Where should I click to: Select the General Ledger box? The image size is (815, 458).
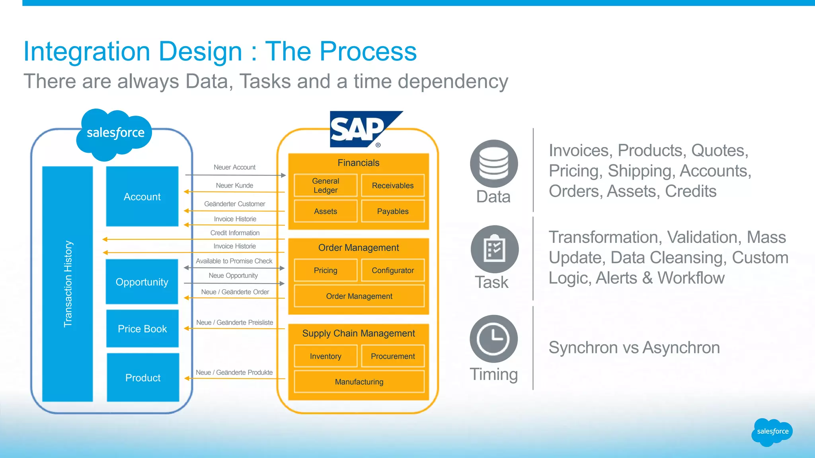click(326, 185)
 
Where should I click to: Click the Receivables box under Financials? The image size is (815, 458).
click(392, 185)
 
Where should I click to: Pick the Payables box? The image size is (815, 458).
click(392, 211)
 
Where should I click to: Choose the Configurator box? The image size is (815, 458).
click(392, 270)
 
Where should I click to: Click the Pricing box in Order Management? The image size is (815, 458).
click(326, 270)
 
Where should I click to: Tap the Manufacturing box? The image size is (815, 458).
click(359, 382)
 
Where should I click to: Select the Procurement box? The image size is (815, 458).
click(392, 356)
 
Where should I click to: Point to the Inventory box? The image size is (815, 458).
click(326, 356)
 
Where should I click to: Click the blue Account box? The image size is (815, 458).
click(142, 196)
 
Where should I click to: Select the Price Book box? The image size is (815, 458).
click(142, 329)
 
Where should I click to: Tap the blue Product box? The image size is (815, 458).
click(143, 377)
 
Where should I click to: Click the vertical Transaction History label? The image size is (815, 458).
click(68, 284)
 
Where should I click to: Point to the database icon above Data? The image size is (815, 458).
click(493, 163)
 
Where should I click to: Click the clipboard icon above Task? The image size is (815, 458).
click(494, 249)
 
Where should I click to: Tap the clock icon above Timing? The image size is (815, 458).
click(493, 339)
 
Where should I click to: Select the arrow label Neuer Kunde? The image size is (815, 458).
click(234, 185)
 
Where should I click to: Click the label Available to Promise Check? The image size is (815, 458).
click(234, 261)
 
